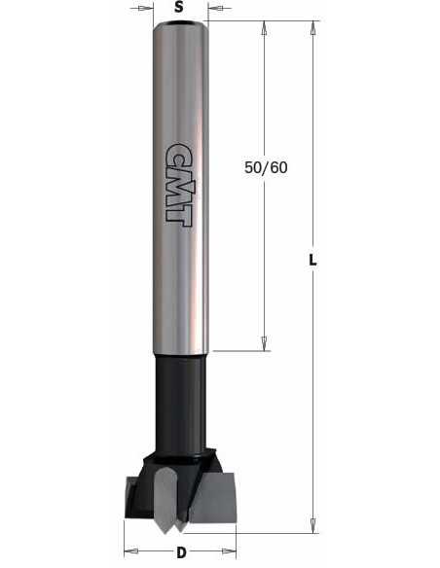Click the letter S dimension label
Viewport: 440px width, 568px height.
click(179, 7)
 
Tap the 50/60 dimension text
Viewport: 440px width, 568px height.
click(266, 167)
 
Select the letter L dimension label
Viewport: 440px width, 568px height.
click(312, 260)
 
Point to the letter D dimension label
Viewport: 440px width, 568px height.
click(181, 552)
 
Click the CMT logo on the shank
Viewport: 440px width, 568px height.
click(179, 184)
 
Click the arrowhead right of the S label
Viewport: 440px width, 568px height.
click(215, 8)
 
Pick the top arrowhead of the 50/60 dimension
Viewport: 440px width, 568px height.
click(265, 28)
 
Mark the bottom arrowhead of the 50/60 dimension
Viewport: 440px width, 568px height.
click(265, 343)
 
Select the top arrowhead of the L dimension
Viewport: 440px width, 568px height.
click(312, 28)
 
